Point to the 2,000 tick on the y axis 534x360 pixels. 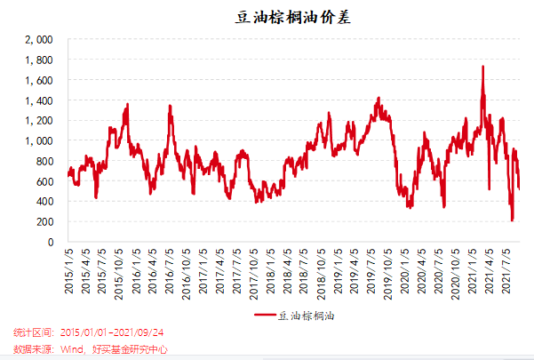(x=40, y=40)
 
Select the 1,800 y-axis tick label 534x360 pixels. (x=40, y=60)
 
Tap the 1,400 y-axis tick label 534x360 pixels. (x=40, y=100)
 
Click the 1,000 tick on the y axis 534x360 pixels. (x=40, y=140)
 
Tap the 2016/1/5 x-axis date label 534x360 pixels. (x=138, y=270)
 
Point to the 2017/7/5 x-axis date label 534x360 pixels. (x=236, y=270)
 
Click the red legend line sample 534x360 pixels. (x=265, y=316)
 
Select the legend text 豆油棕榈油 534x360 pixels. (x=307, y=316)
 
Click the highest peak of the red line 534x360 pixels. (x=482, y=66)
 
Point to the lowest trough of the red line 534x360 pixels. (x=512, y=220)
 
